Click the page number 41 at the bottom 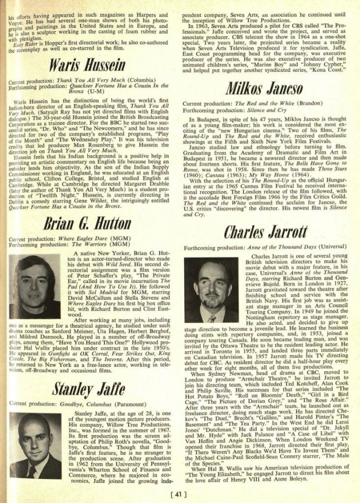(x=180, y=494)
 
